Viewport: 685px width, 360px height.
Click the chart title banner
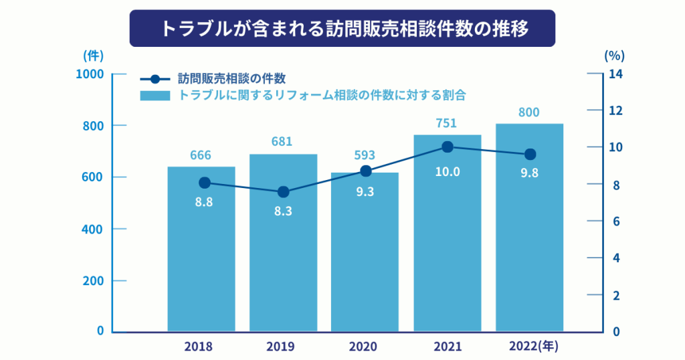pos(342,28)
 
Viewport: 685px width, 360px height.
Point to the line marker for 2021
pos(448,147)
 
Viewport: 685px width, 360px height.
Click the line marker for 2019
pos(283,192)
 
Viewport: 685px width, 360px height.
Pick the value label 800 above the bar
pos(529,112)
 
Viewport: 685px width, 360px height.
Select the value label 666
pos(201,155)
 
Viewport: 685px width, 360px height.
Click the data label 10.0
pos(448,172)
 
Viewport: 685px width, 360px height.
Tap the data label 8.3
pos(283,212)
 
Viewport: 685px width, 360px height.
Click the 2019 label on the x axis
pos(280,347)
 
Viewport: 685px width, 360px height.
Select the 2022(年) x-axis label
pos(533,347)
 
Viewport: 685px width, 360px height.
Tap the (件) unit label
pos(93,55)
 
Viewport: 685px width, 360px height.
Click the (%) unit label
pos(613,55)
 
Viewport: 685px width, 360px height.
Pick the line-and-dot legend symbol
pos(155,78)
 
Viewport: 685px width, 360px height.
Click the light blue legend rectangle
pos(155,96)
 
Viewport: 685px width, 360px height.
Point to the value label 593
pos(365,155)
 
